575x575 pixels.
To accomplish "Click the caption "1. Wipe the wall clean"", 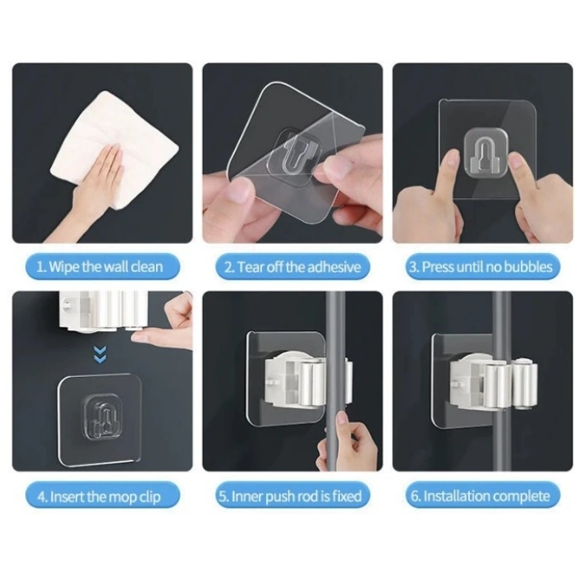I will tap(101, 267).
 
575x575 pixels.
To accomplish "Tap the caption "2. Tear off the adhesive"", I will tap(292, 267).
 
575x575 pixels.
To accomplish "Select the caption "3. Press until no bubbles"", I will tap(481, 267).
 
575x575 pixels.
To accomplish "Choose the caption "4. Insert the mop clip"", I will tap(101, 496).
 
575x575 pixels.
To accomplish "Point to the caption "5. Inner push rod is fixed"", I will tap(292, 496).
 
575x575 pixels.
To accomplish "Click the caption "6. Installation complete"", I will tap(481, 496).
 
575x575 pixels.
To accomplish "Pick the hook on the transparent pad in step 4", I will tap(100, 415).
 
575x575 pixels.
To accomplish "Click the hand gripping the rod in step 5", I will tap(349, 448).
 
